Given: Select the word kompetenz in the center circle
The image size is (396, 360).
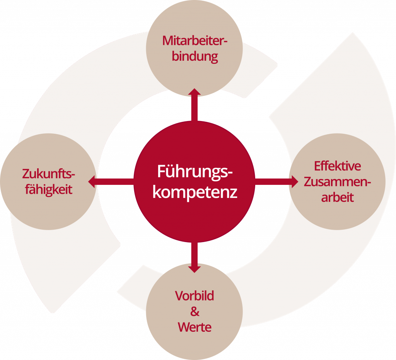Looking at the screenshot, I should [x=195, y=192].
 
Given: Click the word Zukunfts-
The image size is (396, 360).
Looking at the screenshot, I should [x=48, y=174].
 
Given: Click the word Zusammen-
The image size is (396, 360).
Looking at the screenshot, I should [x=337, y=182].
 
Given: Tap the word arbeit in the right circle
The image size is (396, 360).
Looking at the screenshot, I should [x=337, y=198].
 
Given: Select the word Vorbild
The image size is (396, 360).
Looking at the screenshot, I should [x=195, y=296].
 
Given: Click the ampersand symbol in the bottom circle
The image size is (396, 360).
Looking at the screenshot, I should [x=195, y=312].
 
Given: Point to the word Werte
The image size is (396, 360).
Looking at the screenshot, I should [x=195, y=328].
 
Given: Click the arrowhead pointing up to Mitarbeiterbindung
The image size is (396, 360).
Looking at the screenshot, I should [x=195, y=92].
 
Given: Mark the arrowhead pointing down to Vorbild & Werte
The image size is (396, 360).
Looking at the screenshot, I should [x=195, y=268].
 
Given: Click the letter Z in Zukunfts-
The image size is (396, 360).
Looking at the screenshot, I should [x=26, y=174].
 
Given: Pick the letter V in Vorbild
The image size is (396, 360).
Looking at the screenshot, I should [x=179, y=296].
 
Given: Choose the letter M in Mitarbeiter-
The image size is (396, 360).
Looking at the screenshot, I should [x=167, y=41].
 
